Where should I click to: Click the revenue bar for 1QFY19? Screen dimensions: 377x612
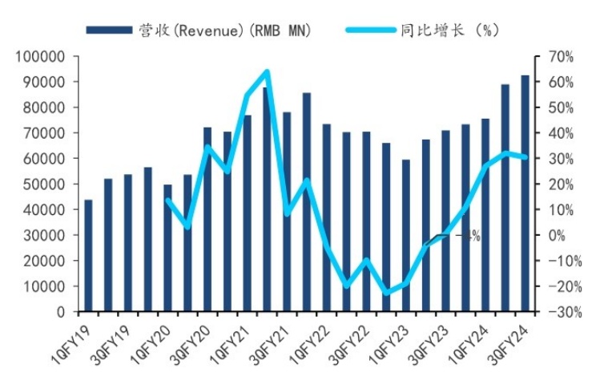tap(88, 255)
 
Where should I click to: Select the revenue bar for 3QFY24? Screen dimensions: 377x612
tap(525, 193)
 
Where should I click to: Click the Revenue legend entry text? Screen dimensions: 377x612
tap(224, 30)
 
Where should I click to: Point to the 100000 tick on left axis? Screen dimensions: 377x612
tap(39, 57)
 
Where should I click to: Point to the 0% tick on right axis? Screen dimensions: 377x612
tap(553, 236)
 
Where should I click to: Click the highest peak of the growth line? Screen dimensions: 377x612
tap(267, 71)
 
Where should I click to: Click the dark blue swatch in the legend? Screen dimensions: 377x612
tap(109, 30)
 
